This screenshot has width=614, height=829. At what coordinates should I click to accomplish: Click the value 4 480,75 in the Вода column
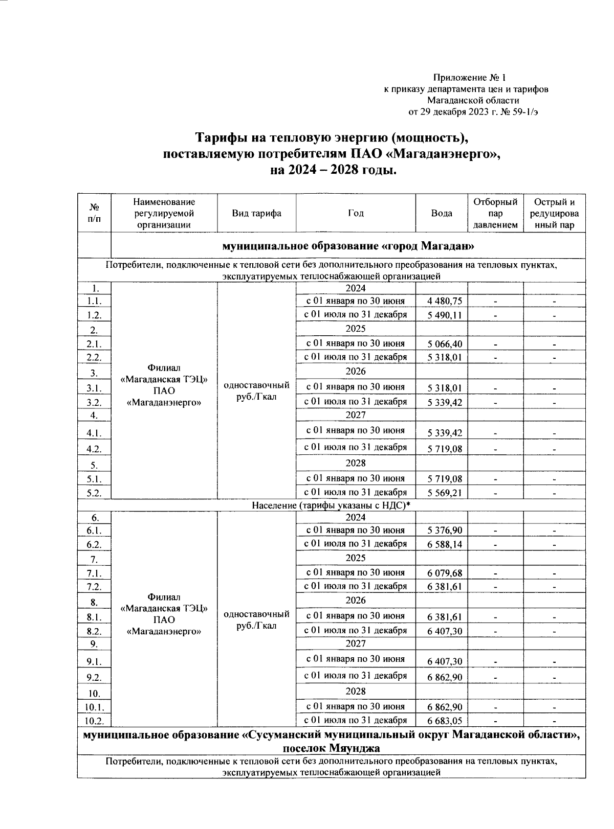point(445,301)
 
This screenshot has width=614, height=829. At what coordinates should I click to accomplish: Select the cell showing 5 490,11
point(445,315)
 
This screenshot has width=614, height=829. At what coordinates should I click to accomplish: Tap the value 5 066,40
point(445,344)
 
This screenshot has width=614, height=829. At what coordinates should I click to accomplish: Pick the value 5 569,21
point(445,493)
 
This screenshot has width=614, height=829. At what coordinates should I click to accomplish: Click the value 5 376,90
point(445,531)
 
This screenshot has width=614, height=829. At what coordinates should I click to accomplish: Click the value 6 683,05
point(445,721)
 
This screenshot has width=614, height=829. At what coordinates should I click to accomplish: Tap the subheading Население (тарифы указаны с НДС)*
point(332,505)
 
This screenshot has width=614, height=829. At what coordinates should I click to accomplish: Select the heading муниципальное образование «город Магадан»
point(348,246)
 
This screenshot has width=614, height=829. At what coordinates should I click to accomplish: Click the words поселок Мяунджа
point(332,748)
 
